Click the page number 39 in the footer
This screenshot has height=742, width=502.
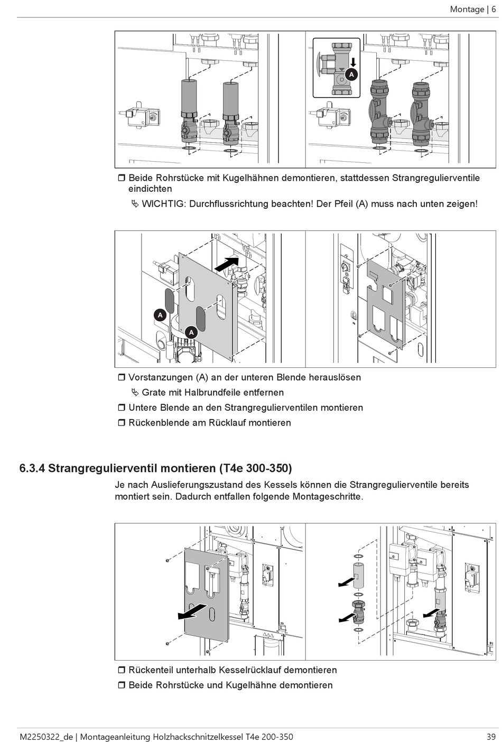[491, 737]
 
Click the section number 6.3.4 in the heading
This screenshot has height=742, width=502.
[32, 468]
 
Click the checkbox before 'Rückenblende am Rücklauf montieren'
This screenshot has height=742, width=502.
[121, 423]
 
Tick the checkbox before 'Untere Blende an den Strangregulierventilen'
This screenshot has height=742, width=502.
[121, 407]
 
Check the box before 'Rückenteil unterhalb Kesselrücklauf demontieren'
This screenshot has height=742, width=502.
[121, 670]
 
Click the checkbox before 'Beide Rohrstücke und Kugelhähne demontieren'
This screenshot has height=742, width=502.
[121, 685]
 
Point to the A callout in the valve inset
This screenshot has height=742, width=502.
[352, 75]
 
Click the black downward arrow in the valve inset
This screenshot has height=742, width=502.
[352, 62]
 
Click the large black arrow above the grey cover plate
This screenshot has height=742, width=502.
[228, 262]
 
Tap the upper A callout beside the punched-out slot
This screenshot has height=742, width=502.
[160, 315]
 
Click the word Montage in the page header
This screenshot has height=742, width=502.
[467, 9]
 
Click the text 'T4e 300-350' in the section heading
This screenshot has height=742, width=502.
[255, 468]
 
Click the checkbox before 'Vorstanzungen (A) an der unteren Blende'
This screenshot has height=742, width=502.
[121, 377]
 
